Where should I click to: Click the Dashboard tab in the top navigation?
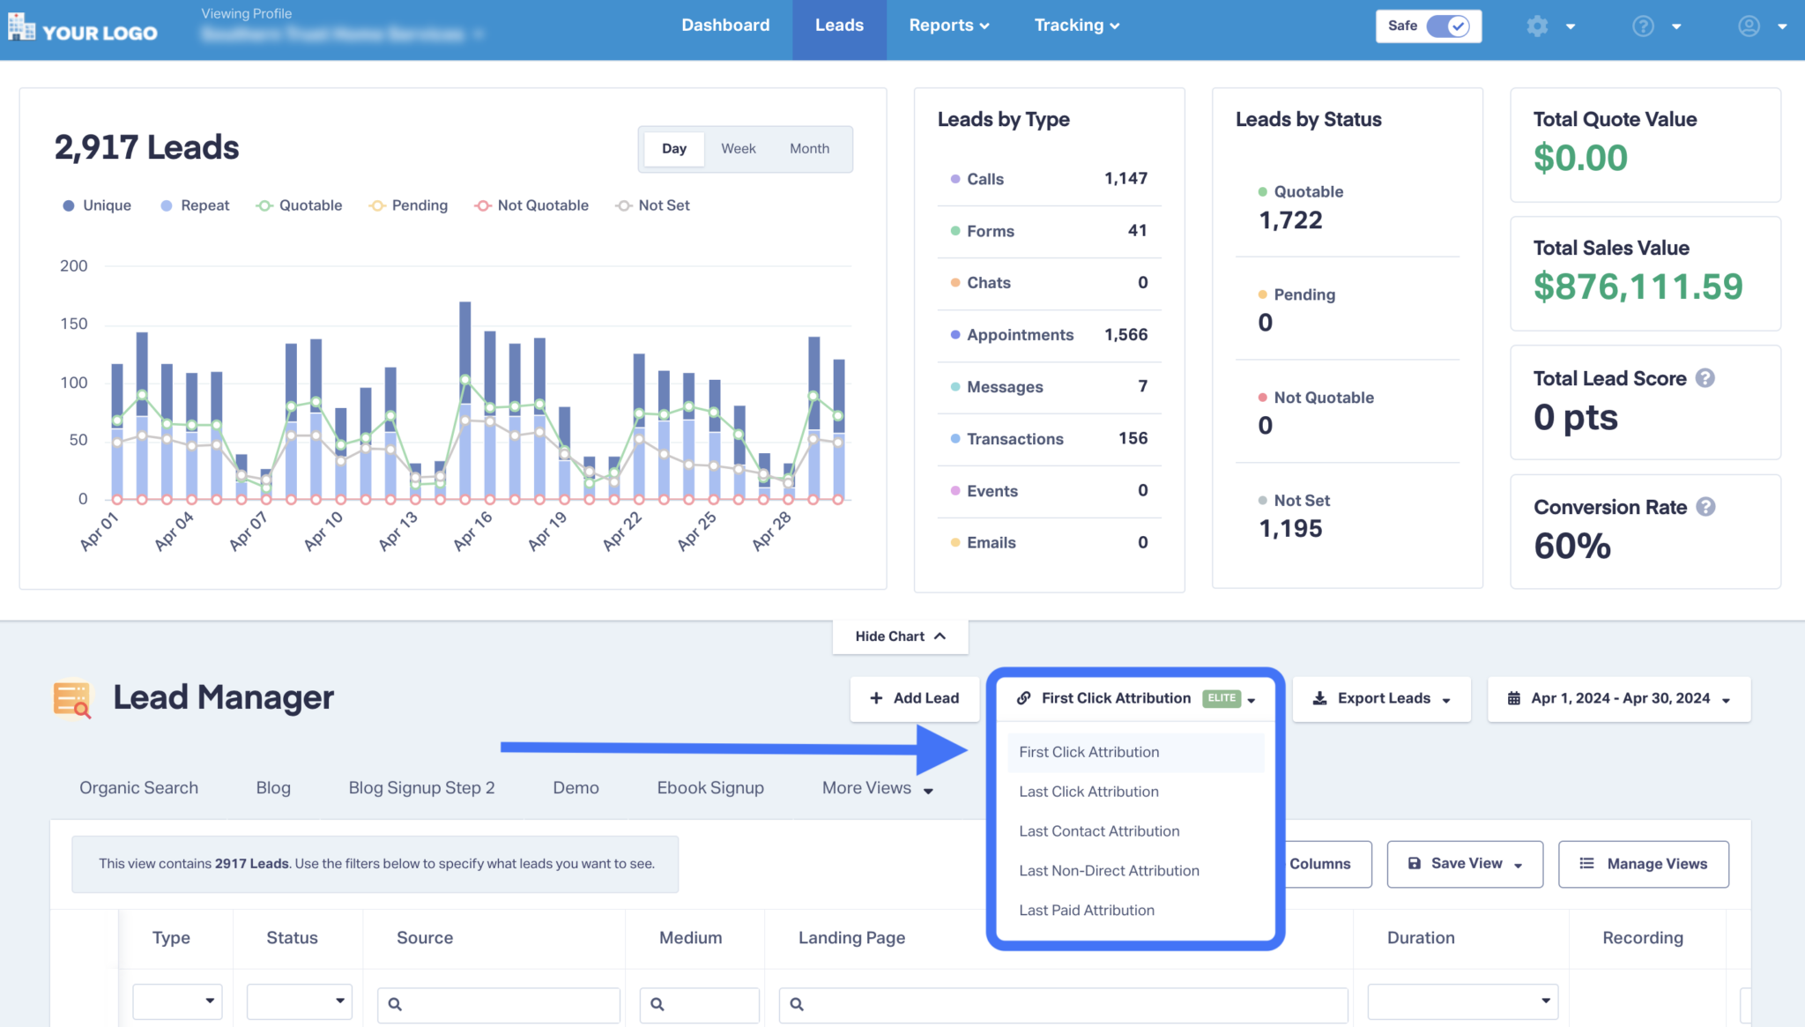click(725, 26)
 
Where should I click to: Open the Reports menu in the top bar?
click(948, 26)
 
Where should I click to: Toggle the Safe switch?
click(1447, 26)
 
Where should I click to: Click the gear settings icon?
click(1537, 26)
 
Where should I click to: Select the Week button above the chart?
click(738, 149)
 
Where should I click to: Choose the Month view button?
click(809, 149)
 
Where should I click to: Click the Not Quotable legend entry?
click(532, 205)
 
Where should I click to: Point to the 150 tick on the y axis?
click(74, 324)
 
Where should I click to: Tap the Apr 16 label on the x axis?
click(472, 531)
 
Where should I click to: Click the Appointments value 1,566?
click(1125, 335)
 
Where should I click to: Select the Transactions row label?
click(1014, 439)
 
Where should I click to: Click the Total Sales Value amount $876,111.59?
click(1638, 287)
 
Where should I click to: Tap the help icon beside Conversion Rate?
click(1705, 507)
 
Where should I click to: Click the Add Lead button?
click(915, 698)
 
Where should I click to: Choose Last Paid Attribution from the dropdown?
click(1087, 911)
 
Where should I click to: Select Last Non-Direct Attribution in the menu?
click(1109, 871)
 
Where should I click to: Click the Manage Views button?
click(1644, 864)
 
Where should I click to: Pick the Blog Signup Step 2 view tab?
click(421, 788)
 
